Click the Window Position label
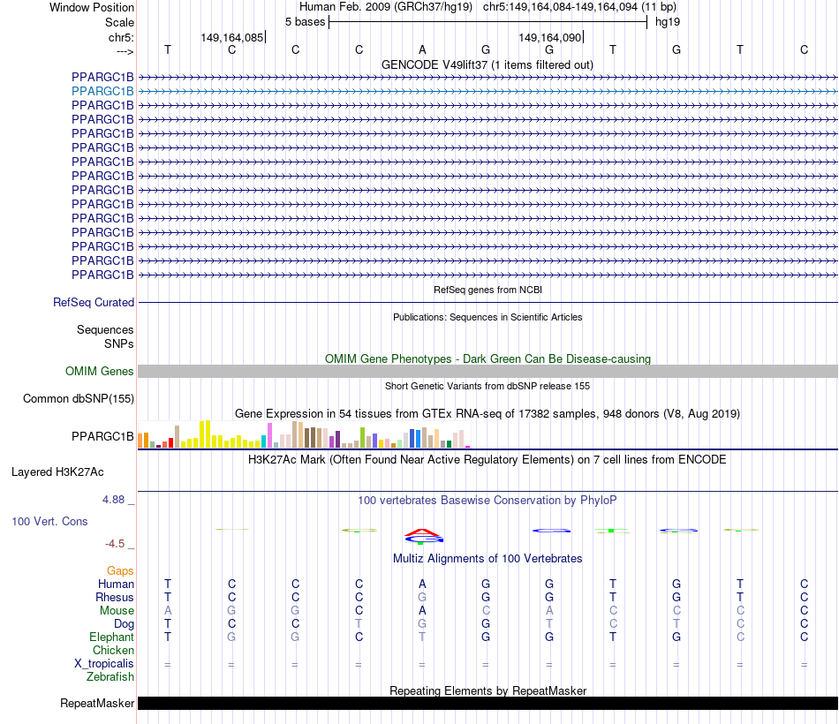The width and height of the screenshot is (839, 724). pyautogui.click(x=92, y=7)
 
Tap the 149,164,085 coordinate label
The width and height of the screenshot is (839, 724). pyautogui.click(x=231, y=37)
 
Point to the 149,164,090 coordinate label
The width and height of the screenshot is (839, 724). pyautogui.click(x=549, y=37)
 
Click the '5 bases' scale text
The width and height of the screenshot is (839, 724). pyautogui.click(x=305, y=21)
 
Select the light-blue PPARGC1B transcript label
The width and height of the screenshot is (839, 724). pyautogui.click(x=102, y=91)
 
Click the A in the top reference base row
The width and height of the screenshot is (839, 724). pyautogui.click(x=422, y=49)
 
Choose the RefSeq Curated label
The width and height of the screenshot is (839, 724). pyautogui.click(x=94, y=302)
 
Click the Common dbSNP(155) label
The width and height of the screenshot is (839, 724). pyautogui.click(x=79, y=399)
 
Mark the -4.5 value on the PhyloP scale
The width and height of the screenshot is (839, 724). pyautogui.click(x=115, y=544)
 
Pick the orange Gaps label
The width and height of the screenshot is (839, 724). pyautogui.click(x=120, y=571)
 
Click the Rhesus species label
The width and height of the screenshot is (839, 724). pyautogui.click(x=115, y=598)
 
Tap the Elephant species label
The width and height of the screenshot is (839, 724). pyautogui.click(x=111, y=637)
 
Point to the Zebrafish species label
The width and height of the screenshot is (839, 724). pyautogui.click(x=110, y=677)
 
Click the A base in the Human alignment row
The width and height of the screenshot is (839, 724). pyautogui.click(x=422, y=584)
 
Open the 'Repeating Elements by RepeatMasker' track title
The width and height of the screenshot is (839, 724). pyautogui.click(x=488, y=690)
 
